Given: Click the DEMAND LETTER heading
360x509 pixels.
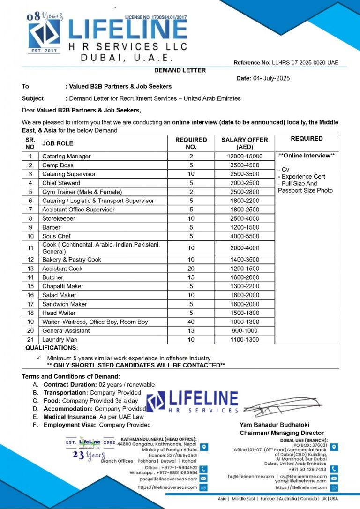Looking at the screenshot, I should pyautogui.click(x=180, y=70).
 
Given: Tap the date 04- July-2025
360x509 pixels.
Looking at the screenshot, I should pyautogui.click(x=280, y=78).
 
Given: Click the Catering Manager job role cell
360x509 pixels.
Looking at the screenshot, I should pyautogui.click(x=67, y=156).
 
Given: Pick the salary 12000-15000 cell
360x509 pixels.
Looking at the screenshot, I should pyautogui.click(x=245, y=156).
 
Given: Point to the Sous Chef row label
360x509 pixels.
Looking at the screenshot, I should pyautogui.click(x=56, y=236).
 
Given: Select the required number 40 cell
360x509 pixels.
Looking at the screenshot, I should pyautogui.click(x=191, y=322).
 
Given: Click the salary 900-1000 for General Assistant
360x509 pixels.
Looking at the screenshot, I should pyautogui.click(x=245, y=331).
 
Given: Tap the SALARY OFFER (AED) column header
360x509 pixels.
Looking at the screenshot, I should pyautogui.click(x=245, y=143).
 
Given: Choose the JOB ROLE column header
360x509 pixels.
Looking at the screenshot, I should pyautogui.click(x=58, y=143).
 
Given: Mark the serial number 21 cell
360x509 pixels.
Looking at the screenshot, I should pyautogui.click(x=31, y=340).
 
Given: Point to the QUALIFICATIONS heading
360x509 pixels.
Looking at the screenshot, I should pyautogui.click(x=52, y=348).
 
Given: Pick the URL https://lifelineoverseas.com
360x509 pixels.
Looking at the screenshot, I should pyautogui.click(x=167, y=487).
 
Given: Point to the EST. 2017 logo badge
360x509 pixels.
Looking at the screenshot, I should pyautogui.click(x=43, y=50).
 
